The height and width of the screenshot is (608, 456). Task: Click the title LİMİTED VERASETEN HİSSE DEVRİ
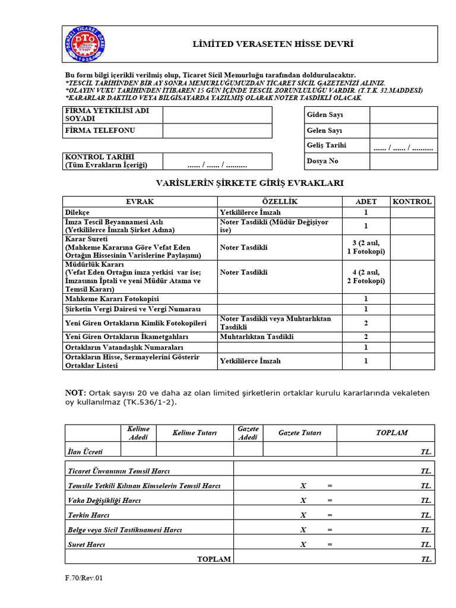tap(273, 44)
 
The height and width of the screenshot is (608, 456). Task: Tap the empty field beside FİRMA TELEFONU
tap(217, 131)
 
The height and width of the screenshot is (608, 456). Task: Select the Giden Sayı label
tap(324, 115)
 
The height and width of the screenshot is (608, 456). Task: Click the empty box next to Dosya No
tap(403, 161)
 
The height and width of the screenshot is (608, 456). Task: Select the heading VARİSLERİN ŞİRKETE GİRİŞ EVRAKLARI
tap(249, 183)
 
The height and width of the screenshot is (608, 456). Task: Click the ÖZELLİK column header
tap(279, 202)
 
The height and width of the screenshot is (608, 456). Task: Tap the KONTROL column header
tap(412, 202)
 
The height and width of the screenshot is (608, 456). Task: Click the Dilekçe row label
tap(77, 212)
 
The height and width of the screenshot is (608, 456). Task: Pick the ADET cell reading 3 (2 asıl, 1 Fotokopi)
tap(366, 247)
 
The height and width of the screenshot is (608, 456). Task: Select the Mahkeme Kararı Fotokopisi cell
tap(112, 299)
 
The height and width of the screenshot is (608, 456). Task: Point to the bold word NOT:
tap(75, 393)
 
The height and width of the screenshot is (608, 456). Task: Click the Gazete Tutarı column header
tap(299, 433)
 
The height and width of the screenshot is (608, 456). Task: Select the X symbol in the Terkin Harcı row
tap(303, 515)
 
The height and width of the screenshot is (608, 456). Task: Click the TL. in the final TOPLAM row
tap(426, 559)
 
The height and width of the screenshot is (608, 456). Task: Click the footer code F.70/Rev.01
tap(84, 577)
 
